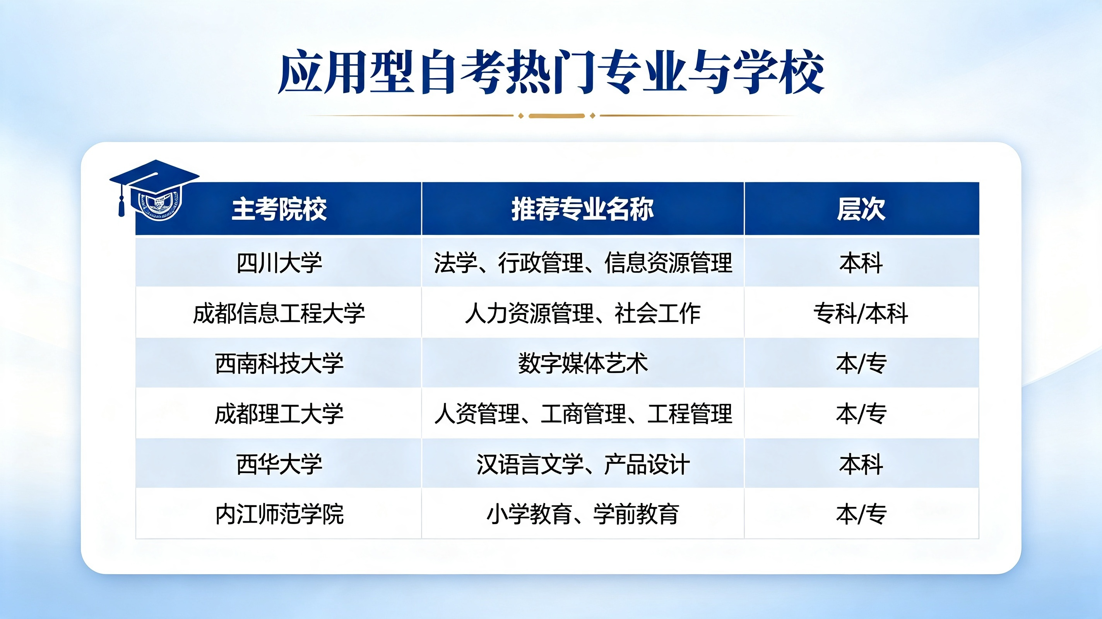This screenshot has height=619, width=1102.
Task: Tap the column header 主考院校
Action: pos(279,209)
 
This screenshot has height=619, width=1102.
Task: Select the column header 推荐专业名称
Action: pos(583,209)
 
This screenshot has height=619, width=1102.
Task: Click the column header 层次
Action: pos(861,209)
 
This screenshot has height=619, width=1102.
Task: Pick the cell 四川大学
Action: pos(279,263)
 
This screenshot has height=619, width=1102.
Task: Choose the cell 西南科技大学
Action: pos(279,364)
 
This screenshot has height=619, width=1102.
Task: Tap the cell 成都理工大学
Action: pos(279,414)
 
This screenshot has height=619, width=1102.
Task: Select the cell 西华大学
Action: pos(279,464)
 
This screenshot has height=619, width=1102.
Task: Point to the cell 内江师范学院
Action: pos(279,514)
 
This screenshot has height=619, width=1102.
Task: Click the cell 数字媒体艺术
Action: pos(583,364)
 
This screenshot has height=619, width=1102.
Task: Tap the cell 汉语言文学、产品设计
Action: pos(583,464)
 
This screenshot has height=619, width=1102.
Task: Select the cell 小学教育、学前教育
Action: pos(583,514)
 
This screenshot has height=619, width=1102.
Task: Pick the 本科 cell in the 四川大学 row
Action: pos(861,263)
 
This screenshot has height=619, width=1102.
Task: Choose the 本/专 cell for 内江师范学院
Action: pos(861,514)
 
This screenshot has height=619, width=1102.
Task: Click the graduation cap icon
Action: pos(154,190)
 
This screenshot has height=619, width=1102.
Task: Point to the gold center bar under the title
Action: pos(556,116)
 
